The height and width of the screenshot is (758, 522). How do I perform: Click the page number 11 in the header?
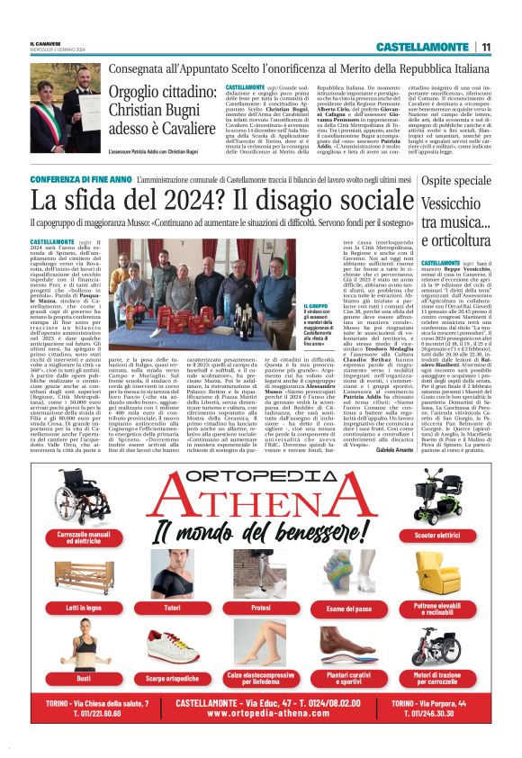point(485,46)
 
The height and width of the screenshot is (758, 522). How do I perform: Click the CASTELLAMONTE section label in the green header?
point(422,46)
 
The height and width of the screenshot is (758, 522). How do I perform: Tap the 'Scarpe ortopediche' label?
point(171,678)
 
